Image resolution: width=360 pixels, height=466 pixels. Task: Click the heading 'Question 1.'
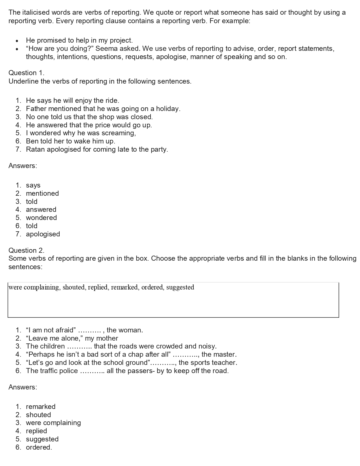click(26, 73)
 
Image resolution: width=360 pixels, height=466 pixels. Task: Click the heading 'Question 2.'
click(26, 250)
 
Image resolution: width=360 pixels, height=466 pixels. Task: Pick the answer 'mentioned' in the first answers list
click(42, 193)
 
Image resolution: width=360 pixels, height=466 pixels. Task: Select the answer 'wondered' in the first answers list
click(41, 218)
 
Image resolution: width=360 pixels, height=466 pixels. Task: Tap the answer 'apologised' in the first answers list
click(43, 234)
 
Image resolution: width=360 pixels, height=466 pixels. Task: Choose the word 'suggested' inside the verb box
click(180, 288)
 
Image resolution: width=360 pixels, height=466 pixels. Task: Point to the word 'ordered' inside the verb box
click(152, 288)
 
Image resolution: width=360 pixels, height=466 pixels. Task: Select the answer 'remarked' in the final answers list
click(41, 407)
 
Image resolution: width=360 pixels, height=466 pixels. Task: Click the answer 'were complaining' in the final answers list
click(53, 423)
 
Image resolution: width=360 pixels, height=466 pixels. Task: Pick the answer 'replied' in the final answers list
click(36, 431)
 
